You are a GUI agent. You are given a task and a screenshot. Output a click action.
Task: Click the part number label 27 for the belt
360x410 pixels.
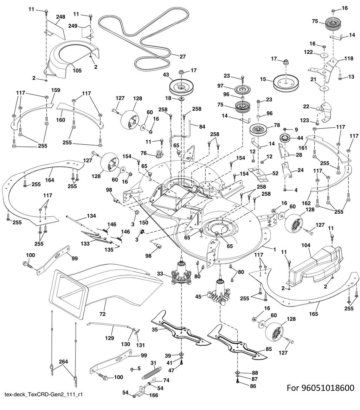pos(182,57)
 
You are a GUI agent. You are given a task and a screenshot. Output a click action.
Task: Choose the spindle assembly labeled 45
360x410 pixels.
pos(220,292)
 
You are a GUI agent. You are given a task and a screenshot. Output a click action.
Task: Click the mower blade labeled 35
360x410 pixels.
pos(181,328)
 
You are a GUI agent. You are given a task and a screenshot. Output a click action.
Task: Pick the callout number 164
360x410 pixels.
pos(50,180)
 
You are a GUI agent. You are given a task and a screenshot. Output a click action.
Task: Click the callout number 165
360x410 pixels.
pos(314,314)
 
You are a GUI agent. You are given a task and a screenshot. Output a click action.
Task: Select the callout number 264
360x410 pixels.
pos(64,362)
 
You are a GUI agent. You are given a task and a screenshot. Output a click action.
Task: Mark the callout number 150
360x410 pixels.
pos(144,223)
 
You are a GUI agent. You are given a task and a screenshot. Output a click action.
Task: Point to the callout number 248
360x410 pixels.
pos(61,17)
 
